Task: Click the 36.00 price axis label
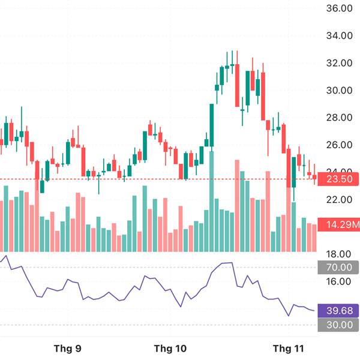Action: (x=338, y=8)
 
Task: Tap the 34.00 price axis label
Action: (x=338, y=35)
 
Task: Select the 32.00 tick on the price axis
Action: (x=338, y=63)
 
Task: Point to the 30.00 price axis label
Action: (x=338, y=90)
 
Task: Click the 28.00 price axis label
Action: (x=338, y=118)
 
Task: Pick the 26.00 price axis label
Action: (x=338, y=145)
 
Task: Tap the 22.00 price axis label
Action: (x=338, y=199)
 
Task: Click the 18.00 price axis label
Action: (x=338, y=254)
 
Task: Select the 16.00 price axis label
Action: (x=338, y=281)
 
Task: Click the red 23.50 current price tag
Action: (x=338, y=179)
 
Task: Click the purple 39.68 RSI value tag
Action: (x=338, y=310)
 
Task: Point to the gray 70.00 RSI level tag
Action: (x=338, y=268)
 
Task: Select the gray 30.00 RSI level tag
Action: (x=338, y=325)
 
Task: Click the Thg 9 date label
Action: (x=68, y=348)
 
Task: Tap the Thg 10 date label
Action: (x=170, y=348)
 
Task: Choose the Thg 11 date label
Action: (x=289, y=348)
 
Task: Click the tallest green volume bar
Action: (x=212, y=201)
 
